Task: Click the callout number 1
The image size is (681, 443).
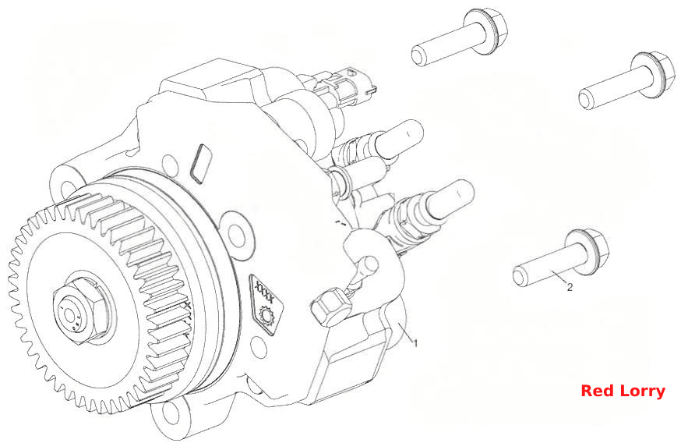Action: coord(415,343)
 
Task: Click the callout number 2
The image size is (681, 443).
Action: coord(570,287)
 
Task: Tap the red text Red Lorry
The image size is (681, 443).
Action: coord(623,391)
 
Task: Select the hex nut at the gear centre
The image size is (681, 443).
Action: coord(82,310)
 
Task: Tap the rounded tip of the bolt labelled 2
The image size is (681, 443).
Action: coord(519,278)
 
